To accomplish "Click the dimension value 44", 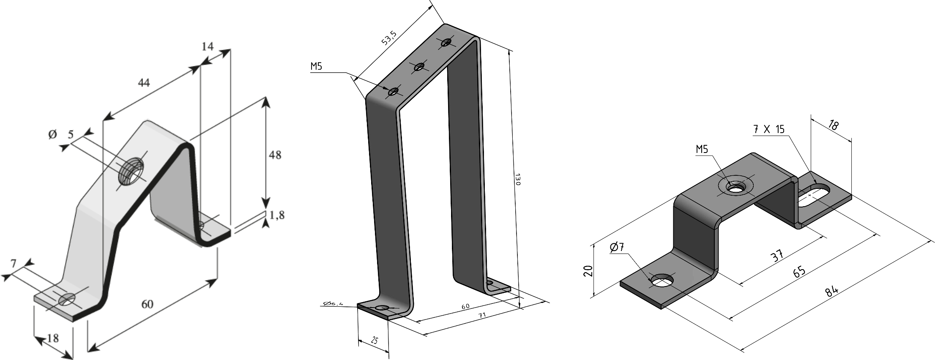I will point(144,83).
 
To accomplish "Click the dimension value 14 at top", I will point(207,46).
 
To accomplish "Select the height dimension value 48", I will point(275,155).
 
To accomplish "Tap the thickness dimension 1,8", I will point(276,215).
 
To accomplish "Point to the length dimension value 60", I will point(147,304).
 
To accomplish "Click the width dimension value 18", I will point(53,338).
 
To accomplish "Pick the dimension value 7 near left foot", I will point(14,264).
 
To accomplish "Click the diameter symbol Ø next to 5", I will point(52,135).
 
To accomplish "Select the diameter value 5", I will point(71,135).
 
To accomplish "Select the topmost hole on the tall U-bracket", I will point(446,42).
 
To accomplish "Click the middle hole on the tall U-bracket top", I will point(420,66).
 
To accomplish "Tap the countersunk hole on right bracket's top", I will point(736,186).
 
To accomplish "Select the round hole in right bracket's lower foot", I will point(662,280).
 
